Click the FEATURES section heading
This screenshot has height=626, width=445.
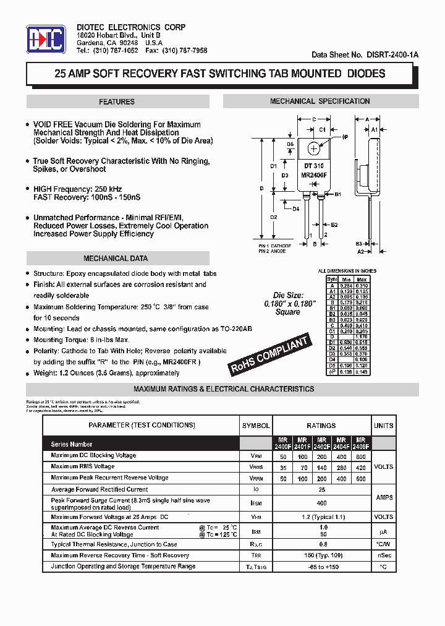click(116, 101)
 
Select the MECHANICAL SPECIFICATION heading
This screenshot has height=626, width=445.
click(320, 101)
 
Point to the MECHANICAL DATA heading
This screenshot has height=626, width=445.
click(116, 259)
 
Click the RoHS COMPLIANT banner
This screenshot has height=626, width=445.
click(269, 354)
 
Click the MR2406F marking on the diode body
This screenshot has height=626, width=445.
click(314, 175)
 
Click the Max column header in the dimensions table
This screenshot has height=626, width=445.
click(362, 279)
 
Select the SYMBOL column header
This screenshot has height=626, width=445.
click(255, 426)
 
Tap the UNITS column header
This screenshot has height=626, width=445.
click(383, 426)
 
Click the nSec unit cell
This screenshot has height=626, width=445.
click(383, 555)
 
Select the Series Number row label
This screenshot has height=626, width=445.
click(72, 444)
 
